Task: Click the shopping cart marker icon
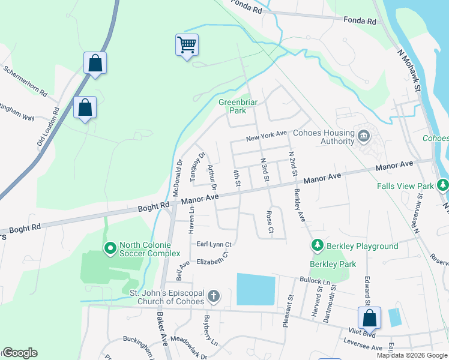pos(187,44)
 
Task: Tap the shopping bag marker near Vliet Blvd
pos(369,317)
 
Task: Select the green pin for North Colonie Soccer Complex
pos(110,247)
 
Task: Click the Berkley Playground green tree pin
pos(316,245)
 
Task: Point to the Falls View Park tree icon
pos(443,185)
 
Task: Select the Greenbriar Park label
pos(238,106)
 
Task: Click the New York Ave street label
pos(267,139)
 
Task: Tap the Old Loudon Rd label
pos(47,128)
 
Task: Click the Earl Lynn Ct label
pos(214,244)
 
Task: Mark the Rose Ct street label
pos(270,221)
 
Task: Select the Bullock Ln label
pos(315,281)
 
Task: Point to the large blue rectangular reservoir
pos(256,289)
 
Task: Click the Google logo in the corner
pos(20,353)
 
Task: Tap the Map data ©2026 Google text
pos(412,355)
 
